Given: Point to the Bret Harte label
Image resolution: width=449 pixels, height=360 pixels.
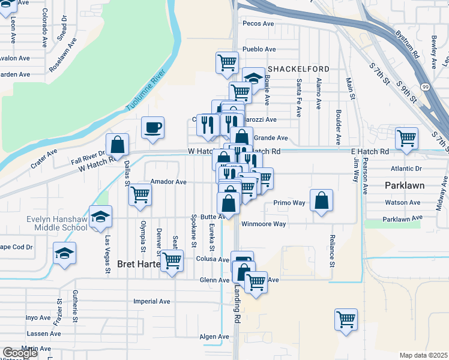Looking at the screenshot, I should (x=139, y=264).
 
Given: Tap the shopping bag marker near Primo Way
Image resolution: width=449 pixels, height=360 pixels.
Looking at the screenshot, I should (x=322, y=201).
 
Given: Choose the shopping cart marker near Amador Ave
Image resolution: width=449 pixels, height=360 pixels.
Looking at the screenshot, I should (x=140, y=194).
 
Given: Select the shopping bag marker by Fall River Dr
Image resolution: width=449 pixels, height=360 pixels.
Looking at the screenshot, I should (x=118, y=145).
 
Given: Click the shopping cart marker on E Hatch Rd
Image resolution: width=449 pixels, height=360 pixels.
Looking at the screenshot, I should (x=407, y=138).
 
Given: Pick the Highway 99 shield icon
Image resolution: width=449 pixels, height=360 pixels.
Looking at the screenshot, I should (x=425, y=88).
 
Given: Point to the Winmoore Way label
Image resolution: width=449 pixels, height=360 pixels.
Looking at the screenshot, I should (x=264, y=224).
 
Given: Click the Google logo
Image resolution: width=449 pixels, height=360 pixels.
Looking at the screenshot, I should (x=20, y=353).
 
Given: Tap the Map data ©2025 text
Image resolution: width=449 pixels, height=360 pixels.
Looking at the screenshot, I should (x=423, y=355).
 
